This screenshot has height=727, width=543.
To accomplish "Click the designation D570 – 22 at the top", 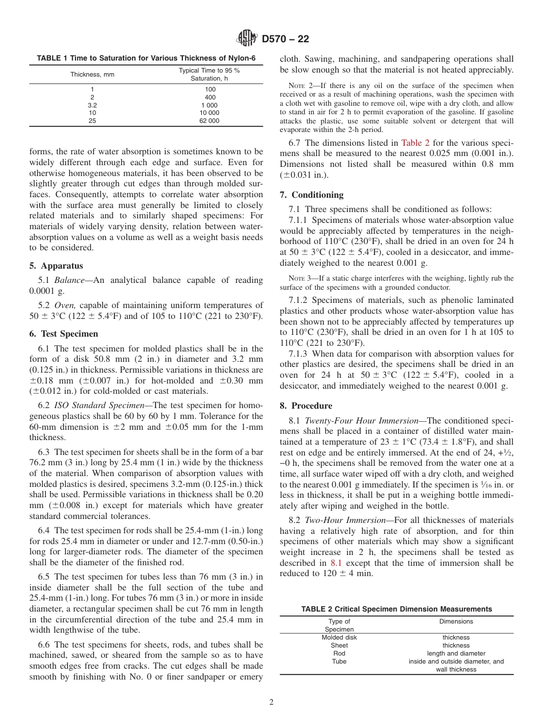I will [x=285, y=39].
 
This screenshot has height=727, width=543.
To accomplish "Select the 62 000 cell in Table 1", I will [x=209, y=121].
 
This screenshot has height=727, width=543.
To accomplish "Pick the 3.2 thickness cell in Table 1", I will [x=92, y=105].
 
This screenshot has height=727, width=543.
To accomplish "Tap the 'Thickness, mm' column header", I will [x=92, y=74].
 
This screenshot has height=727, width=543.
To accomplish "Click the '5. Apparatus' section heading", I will [x=56, y=266].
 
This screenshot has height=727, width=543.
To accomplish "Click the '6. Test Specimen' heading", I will [x=63, y=334].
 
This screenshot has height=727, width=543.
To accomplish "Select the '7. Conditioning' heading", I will [x=312, y=194].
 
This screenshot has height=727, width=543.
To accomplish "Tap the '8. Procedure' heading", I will [x=306, y=405].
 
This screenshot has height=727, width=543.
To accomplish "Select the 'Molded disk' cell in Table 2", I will [x=339, y=637].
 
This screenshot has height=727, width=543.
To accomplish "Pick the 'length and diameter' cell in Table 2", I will [x=456, y=653].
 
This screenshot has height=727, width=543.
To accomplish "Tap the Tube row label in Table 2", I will [x=339, y=661].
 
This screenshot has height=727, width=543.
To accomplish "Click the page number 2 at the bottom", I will [x=271, y=702].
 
